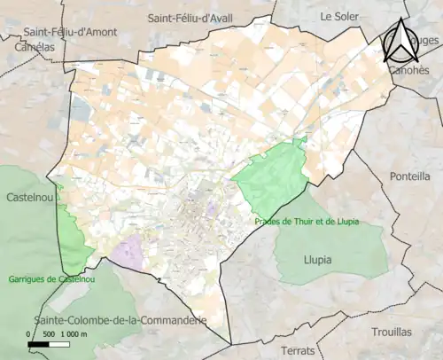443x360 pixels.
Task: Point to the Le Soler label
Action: pos(338,15)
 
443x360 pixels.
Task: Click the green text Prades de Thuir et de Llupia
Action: pos(306,222)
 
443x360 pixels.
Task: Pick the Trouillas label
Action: pos(392,332)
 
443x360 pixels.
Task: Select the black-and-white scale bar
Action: pos(56,343)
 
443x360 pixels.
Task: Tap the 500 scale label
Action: pos(48,333)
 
